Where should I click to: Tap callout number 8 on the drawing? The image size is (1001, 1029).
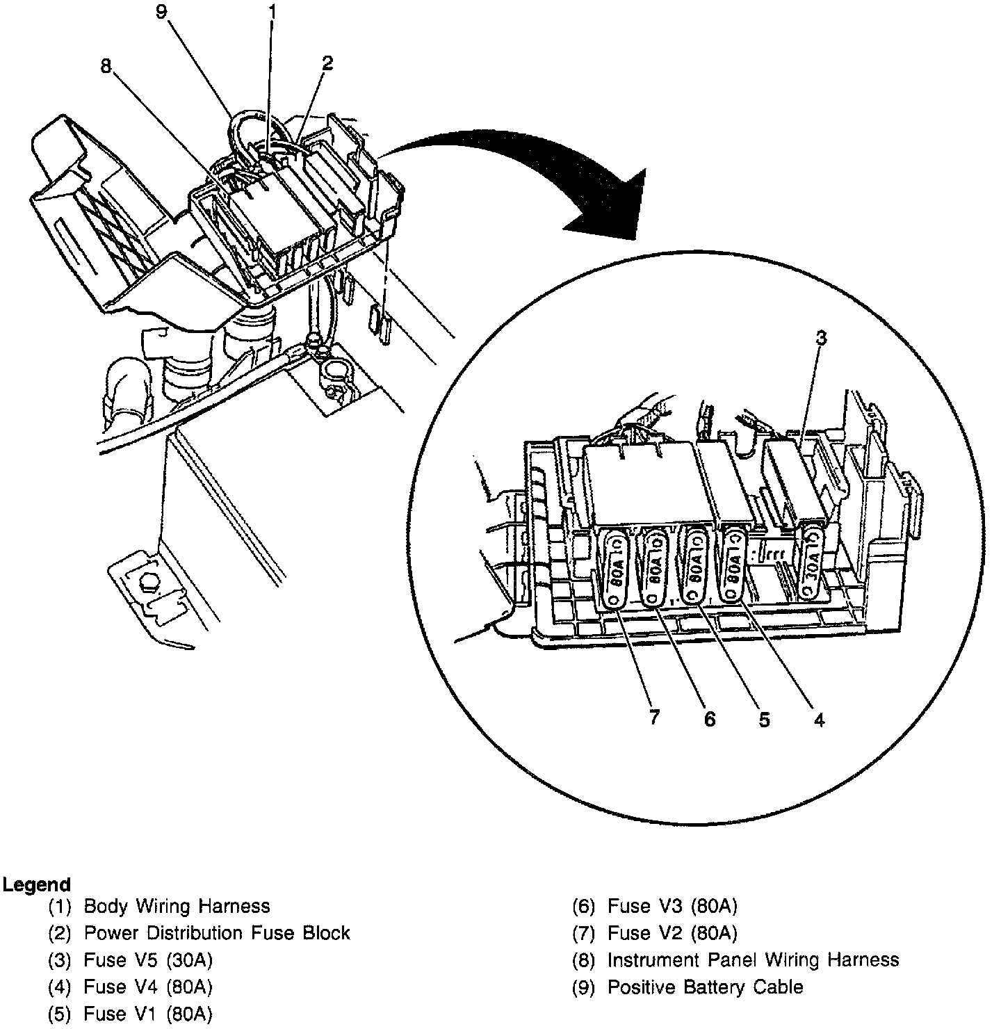pos(106,66)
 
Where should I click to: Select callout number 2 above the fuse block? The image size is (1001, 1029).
pos(327,63)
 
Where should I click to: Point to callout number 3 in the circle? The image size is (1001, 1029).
pos(821,339)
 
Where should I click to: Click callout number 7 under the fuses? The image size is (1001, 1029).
pos(653,718)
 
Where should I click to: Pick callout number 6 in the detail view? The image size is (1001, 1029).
pos(709,719)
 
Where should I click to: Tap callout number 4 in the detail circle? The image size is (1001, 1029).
pos(819,720)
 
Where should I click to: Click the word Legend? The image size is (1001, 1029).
pos(37,885)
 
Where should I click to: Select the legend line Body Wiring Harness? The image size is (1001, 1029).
pos(177,907)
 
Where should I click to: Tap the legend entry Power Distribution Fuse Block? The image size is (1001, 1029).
pos(217,933)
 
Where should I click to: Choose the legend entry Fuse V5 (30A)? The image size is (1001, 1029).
pos(148,960)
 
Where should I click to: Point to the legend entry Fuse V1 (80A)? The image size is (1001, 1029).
pos(148,1014)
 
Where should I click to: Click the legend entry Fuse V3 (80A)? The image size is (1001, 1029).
pos(672,907)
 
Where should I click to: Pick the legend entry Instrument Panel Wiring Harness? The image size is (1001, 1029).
pos(753,960)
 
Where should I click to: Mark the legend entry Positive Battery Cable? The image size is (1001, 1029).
pos(705,987)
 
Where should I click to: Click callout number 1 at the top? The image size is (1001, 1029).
pos(272,12)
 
